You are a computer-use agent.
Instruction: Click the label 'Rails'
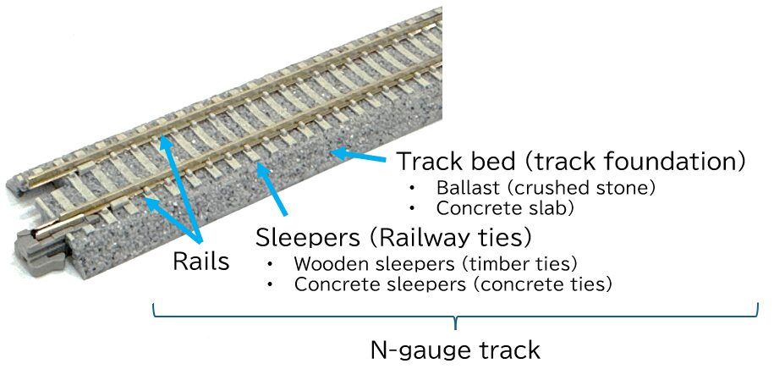(x=200, y=262)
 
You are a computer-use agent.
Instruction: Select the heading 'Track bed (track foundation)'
(x=572, y=160)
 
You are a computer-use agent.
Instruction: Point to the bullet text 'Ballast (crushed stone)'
(x=546, y=186)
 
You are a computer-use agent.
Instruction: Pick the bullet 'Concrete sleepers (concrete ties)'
(x=453, y=284)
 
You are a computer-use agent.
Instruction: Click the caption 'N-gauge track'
(x=455, y=350)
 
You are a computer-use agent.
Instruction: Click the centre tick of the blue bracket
(x=456, y=322)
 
